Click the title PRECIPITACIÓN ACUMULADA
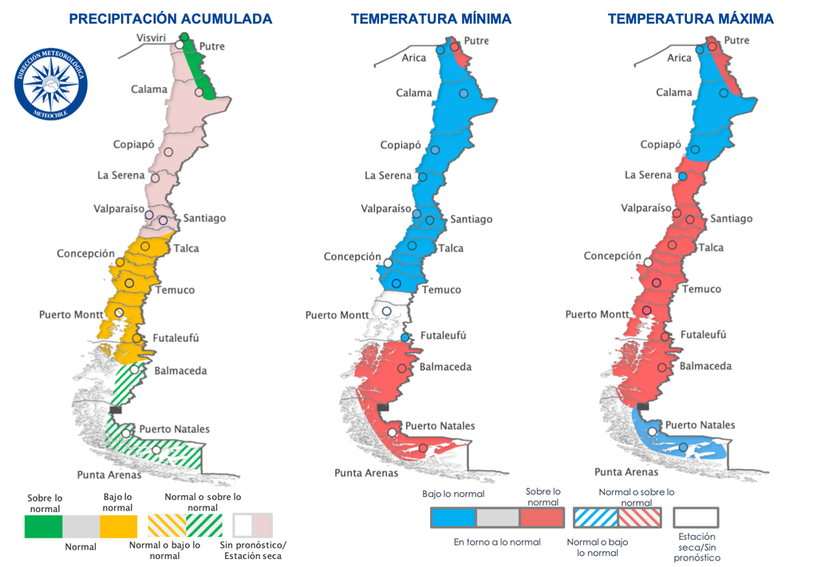pos(170,18)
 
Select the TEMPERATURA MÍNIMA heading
pos(431,18)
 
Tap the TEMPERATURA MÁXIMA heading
pos(690,18)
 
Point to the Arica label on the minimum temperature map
pos(414,57)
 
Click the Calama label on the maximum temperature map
pos(674,93)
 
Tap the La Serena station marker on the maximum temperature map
pos(683,176)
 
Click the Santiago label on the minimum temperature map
pos(472,219)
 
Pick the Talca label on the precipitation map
pos(186,248)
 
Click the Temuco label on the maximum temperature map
pos(701,289)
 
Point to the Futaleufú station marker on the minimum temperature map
pos(405,338)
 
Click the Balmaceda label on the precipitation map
pos(180,371)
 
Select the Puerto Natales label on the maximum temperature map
pos(700,425)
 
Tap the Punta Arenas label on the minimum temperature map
pos(366,473)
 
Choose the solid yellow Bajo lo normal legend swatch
pos(118,526)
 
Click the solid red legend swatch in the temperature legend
pos(543,518)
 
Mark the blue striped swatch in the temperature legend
pos(595,518)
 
